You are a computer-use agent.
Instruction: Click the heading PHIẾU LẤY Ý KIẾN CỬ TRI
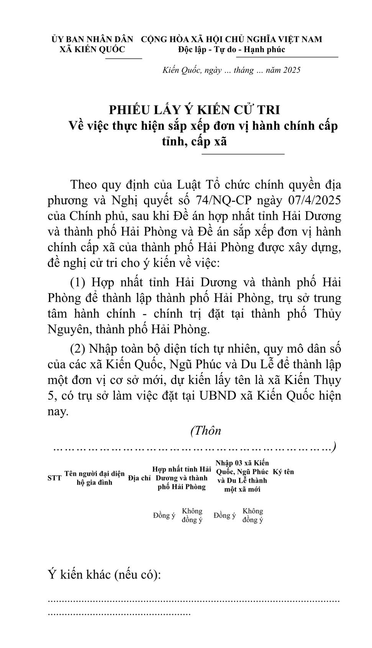click(194, 110)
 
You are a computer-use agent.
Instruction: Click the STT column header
click(54, 478)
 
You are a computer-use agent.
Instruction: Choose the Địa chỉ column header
click(139, 478)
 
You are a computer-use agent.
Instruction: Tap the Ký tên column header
click(283, 472)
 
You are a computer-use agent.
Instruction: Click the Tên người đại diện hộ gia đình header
click(94, 478)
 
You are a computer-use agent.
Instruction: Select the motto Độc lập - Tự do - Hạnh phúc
click(231, 49)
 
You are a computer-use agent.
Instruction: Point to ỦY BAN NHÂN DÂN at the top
click(92, 39)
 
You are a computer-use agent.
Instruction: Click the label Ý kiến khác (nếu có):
click(104, 574)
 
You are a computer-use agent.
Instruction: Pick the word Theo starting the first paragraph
click(84, 185)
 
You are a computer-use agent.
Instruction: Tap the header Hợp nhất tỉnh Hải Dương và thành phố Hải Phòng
click(182, 478)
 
